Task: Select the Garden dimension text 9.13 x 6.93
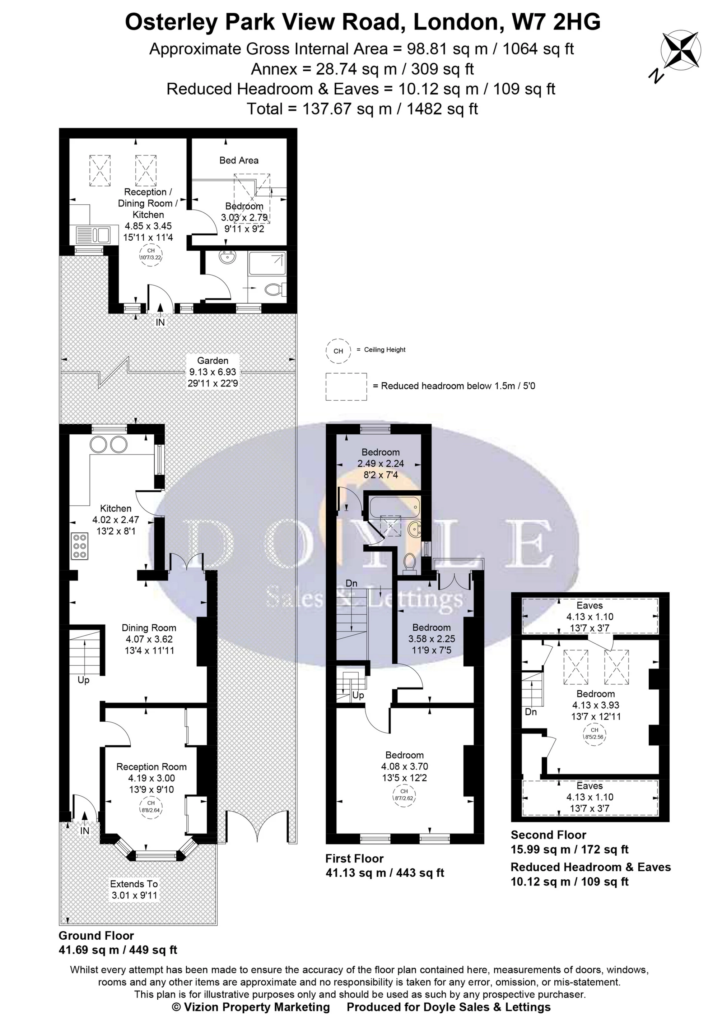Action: click(213, 372)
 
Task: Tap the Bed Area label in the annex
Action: click(239, 160)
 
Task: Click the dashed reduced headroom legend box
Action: click(346, 387)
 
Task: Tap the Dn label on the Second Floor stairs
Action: click(531, 712)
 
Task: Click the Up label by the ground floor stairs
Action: click(83, 680)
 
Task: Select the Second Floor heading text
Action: click(548, 835)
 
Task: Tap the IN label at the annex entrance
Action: click(160, 322)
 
